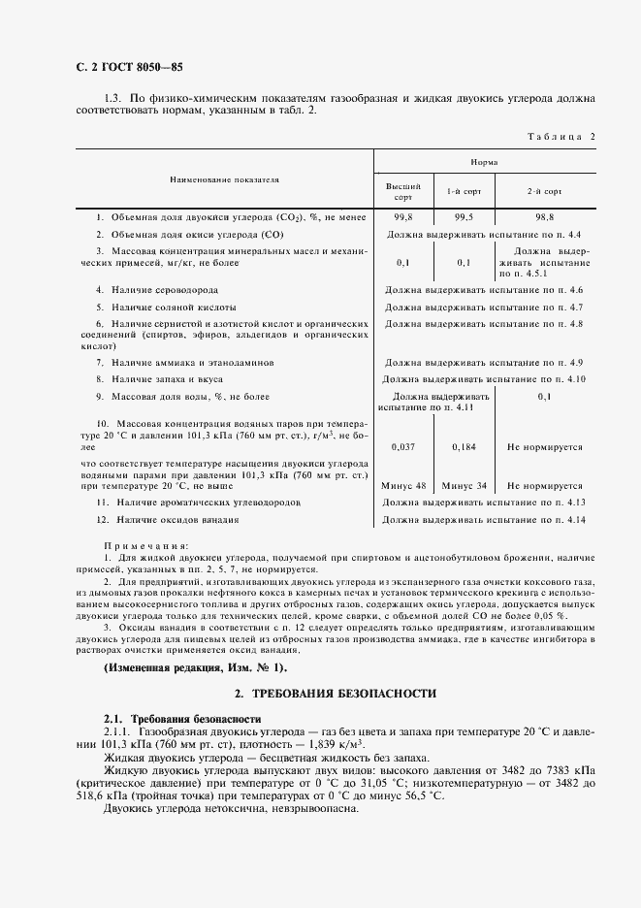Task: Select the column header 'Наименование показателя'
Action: coord(224,180)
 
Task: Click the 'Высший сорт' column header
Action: coord(403,190)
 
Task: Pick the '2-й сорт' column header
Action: coord(544,191)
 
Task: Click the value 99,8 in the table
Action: coord(403,218)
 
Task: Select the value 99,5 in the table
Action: coord(464,218)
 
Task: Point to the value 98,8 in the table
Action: coord(544,218)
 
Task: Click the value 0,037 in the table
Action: coord(403,447)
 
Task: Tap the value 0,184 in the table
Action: coord(464,447)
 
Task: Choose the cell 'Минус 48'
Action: coord(403,485)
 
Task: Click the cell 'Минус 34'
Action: coord(464,485)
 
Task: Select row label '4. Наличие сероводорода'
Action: coord(156,290)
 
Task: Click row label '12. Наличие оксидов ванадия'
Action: coord(167,520)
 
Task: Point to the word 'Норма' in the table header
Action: coord(484,162)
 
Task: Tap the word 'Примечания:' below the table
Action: coord(145,546)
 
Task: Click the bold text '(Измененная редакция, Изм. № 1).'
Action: coord(195,667)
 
